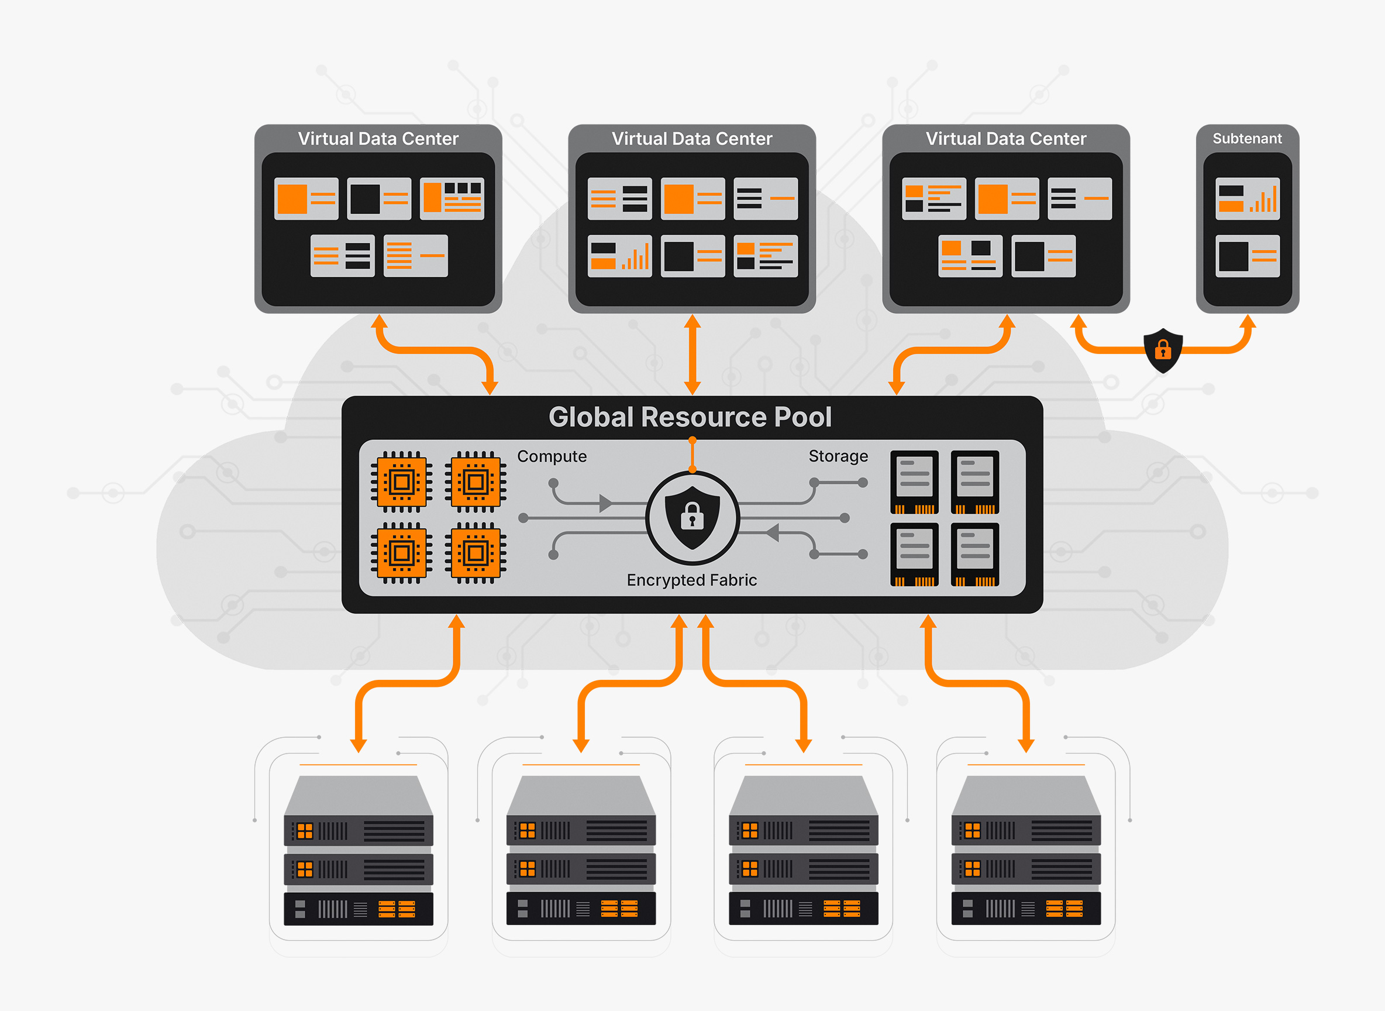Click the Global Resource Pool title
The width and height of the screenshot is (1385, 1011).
(x=690, y=417)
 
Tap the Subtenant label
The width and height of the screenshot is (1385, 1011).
(x=1247, y=139)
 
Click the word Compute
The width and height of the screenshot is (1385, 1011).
(x=552, y=456)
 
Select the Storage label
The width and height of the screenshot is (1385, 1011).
(x=838, y=456)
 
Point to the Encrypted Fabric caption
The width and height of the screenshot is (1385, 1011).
(x=692, y=580)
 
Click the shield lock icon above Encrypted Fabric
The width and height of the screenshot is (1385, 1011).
(x=692, y=518)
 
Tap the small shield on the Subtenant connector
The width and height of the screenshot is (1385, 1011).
(x=1163, y=350)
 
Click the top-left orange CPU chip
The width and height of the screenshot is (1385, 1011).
(x=401, y=482)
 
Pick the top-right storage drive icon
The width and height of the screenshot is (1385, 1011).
(x=975, y=482)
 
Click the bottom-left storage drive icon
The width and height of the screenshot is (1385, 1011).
(x=915, y=555)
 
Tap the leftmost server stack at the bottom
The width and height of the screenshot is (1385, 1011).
(x=359, y=851)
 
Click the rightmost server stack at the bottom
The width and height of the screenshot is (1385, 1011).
(x=1026, y=851)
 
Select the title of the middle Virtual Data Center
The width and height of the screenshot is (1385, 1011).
(x=692, y=139)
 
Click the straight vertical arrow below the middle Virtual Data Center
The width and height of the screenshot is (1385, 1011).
(x=692, y=355)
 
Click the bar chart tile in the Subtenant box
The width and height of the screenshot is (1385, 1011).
(x=1248, y=199)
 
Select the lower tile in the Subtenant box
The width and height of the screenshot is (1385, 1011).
(x=1248, y=256)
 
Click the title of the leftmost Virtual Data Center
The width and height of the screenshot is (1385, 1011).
(x=378, y=139)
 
